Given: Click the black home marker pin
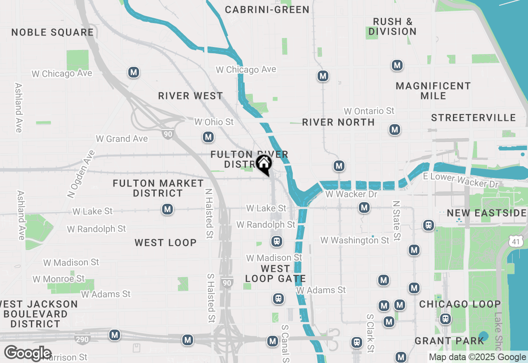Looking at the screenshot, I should pos(264,164).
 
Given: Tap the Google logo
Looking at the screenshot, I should pos(28,354).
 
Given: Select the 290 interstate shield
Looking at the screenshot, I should pos(81,340).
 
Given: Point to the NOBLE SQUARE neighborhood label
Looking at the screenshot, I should pos(52,33).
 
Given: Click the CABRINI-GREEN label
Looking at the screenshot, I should pos(267,9).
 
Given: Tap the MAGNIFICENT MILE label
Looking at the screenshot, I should pos(433,91).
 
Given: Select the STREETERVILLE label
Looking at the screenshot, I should pos(474,118).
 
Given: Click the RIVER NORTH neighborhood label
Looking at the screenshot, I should pos(338,122).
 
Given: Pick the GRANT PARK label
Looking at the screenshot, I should pos(449,341).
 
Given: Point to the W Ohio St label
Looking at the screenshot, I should pos(214,122).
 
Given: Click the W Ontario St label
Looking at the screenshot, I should pos(369,111).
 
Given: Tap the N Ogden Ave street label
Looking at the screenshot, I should pos(80,173).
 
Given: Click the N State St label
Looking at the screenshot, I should pos(396,221).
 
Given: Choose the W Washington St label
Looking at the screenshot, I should pos(354,240).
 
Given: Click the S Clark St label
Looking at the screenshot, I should pos(370,333).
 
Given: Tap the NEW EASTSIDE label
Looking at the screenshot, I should pos(487,213).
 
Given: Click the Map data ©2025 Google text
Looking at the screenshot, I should pos(477,357).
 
